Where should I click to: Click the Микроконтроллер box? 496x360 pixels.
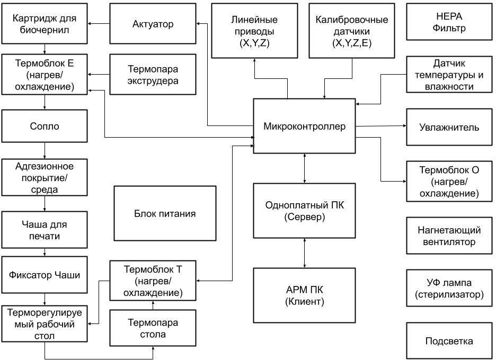coord(304,126)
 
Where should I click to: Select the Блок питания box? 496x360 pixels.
coord(165,213)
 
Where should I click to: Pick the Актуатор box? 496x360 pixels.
coord(153,24)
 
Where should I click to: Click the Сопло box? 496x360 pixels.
coord(45,127)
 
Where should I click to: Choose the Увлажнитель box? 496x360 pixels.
coord(449,127)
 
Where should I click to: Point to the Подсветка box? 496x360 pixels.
coord(449,341)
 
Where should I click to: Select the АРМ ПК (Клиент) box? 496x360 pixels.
coord(304,295)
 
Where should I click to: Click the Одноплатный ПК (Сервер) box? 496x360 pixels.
coord(304,211)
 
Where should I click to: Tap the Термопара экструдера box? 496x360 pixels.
coord(153,75)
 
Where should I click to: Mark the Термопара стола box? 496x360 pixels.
coord(153,328)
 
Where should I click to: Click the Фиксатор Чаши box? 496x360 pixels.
coord(45,275)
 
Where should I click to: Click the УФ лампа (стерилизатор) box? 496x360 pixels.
coord(449,288)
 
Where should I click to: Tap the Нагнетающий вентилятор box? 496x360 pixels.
coord(449,236)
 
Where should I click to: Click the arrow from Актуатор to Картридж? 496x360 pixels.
coord(99,23)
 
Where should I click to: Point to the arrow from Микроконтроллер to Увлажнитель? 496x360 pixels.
coord(380,127)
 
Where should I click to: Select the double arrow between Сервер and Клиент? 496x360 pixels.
coord(304,253)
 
